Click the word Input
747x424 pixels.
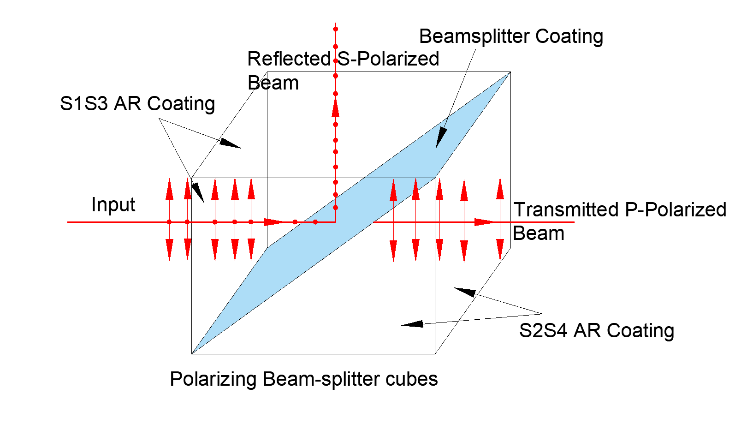click(113, 204)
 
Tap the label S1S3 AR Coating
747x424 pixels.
click(137, 104)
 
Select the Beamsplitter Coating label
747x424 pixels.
click(511, 36)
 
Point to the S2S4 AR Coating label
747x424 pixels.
click(596, 331)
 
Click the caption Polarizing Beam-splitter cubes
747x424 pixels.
click(303, 379)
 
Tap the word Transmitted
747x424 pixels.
click(567, 210)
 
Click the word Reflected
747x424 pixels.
click(289, 59)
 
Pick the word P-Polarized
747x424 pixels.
click(676, 210)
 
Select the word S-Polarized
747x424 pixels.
click(388, 59)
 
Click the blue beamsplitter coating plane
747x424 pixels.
click(350, 212)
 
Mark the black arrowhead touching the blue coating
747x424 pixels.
click(441, 138)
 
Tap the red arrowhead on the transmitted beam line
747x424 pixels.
click(484, 222)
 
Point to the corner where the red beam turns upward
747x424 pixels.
click(335, 222)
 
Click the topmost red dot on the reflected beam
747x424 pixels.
click(335, 29)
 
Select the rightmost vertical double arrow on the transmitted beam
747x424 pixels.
click(500, 220)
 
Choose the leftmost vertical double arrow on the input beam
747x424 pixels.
click(169, 220)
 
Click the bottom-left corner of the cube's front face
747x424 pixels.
click(192, 354)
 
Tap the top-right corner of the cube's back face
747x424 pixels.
click(510, 72)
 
